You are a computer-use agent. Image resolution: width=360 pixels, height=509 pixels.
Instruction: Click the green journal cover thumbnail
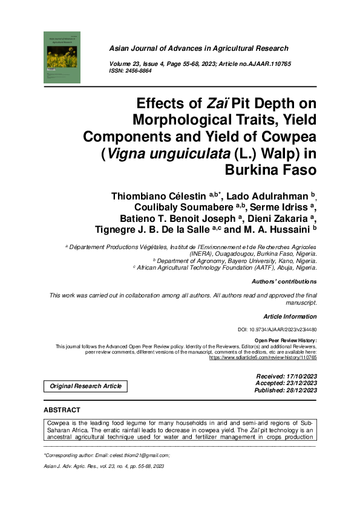62,57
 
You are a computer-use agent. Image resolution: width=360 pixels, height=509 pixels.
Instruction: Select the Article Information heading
290,317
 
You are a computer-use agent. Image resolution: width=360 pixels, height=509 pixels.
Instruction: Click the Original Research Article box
85,386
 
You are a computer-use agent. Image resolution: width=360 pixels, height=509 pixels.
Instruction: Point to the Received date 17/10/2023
287,377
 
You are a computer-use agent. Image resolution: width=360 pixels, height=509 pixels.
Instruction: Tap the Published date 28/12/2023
286,391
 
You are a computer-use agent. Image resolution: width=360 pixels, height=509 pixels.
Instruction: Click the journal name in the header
198,48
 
